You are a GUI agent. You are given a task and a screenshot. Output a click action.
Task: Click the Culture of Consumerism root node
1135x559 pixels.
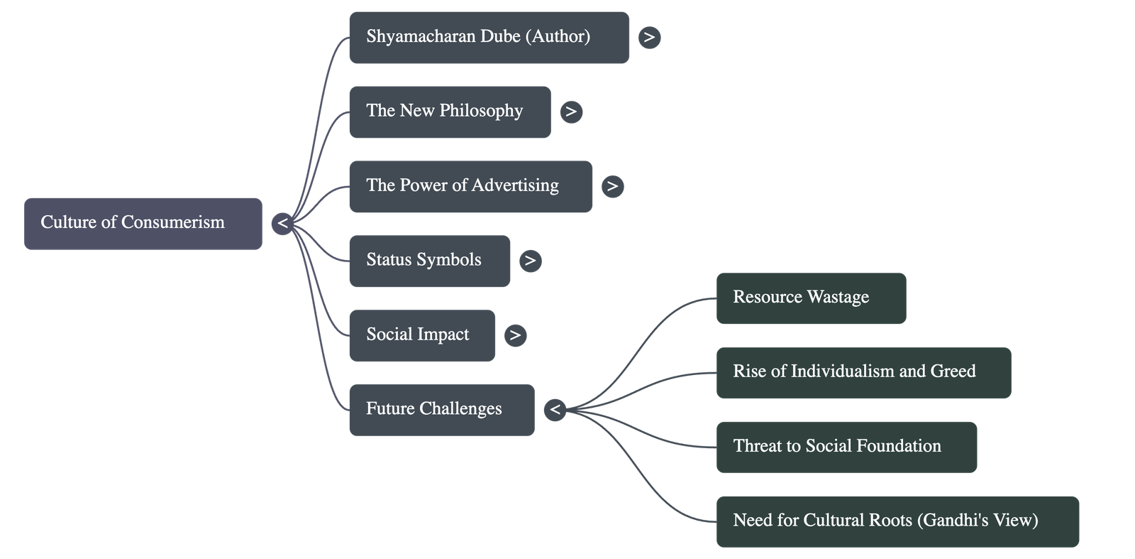coord(143,223)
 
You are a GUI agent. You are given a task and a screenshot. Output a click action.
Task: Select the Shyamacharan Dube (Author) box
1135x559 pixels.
coord(489,38)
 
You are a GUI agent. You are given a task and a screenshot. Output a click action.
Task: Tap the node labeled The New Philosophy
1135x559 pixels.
coord(450,112)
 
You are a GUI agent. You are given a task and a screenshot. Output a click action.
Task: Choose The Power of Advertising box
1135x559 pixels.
coord(470,186)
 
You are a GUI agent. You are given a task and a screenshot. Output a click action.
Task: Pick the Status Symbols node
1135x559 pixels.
coord(429,261)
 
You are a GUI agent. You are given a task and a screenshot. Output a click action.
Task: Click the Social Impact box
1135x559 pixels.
coord(422,335)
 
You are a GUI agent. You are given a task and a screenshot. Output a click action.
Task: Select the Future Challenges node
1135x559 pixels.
coord(441,410)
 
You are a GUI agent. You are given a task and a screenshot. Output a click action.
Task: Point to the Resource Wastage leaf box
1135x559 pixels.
coord(811,298)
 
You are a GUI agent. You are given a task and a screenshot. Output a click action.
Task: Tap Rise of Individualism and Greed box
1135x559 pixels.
coord(863,373)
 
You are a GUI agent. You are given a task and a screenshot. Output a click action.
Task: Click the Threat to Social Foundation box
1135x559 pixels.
coord(846,447)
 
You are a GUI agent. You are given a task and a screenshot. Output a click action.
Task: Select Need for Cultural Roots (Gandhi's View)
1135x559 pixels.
coord(897,521)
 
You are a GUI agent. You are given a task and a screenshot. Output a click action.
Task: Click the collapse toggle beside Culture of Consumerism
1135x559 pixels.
coord(282,224)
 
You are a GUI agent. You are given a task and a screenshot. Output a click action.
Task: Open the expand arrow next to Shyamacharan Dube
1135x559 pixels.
coord(649,37)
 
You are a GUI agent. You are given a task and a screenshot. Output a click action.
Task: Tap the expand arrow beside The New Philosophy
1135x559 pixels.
coord(571,112)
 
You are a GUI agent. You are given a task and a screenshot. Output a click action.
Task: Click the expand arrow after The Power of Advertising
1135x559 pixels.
coord(612,186)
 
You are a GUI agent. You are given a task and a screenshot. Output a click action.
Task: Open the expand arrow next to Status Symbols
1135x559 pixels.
coord(530,261)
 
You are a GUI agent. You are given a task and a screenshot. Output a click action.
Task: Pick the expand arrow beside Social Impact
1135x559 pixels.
coord(515,335)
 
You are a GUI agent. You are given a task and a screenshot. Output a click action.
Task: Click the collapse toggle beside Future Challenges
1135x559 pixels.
coord(555,410)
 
